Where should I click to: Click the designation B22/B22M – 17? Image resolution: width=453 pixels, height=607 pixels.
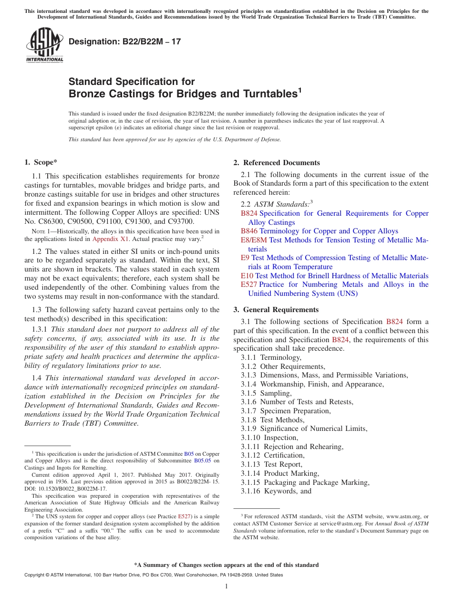[x=125, y=42]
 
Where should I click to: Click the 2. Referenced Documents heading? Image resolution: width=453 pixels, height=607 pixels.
[x=277, y=163]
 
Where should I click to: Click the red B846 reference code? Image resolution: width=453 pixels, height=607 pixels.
[x=249, y=231]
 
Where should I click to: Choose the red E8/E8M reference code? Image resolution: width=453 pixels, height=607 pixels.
[x=254, y=240]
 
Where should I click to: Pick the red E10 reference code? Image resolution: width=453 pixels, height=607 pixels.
[x=247, y=276]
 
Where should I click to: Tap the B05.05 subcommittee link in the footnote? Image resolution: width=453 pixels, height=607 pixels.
[x=202, y=461]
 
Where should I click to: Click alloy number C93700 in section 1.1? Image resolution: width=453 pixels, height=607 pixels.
[x=177, y=222]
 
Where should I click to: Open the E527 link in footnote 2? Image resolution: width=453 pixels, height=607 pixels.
[x=184, y=516]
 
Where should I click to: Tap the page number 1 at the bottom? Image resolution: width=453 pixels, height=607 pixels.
[x=226, y=586]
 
